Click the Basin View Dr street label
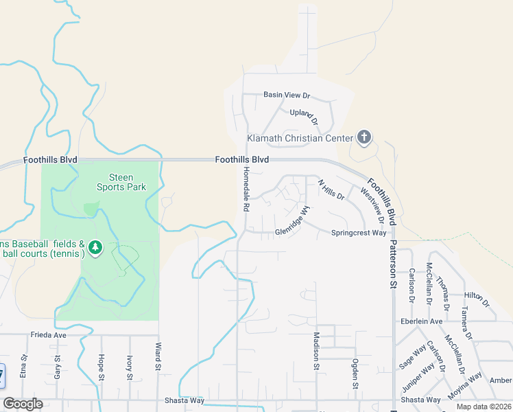tap(287, 95)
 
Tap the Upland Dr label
tap(305, 117)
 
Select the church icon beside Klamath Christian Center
tap(364, 138)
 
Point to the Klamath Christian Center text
tap(300, 138)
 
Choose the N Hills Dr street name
tap(331, 190)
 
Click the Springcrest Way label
tap(359, 233)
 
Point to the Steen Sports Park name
tap(121, 182)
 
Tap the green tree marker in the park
tap(96, 246)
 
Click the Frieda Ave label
tap(48, 336)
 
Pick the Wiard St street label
tap(158, 358)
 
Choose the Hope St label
tap(101, 367)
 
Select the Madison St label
tap(317, 350)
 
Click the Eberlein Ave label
tap(425, 321)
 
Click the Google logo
tap(23, 404)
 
